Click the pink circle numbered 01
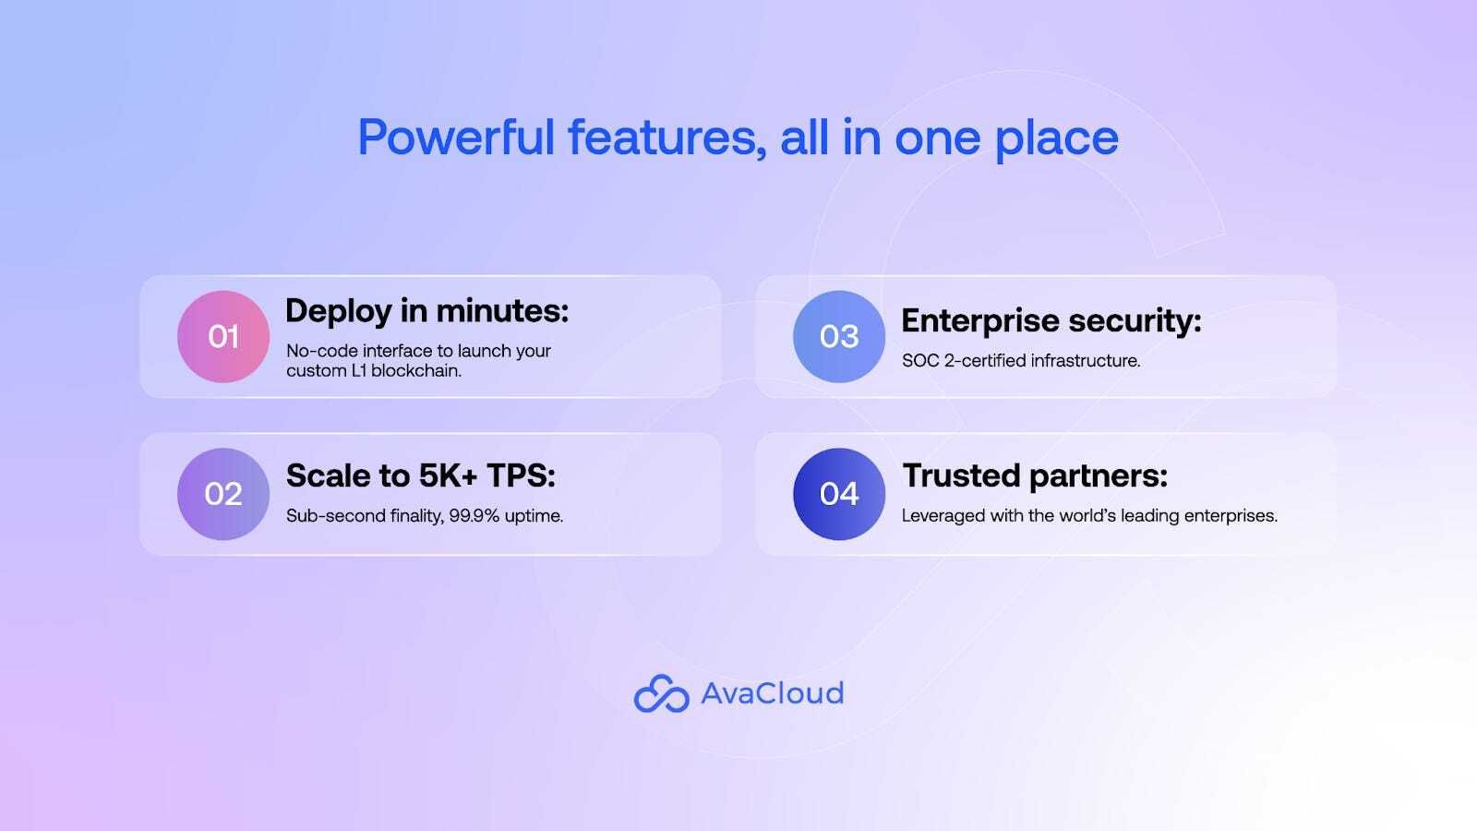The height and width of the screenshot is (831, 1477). (223, 336)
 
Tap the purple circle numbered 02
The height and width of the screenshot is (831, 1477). (223, 494)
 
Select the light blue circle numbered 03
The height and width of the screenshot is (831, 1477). (839, 336)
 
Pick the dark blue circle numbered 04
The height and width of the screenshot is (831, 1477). (839, 494)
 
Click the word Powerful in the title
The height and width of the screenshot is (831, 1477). (456, 138)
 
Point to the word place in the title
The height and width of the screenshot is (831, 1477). (1056, 138)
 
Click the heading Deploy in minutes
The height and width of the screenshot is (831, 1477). (426, 310)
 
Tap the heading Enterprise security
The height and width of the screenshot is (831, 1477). (1051, 321)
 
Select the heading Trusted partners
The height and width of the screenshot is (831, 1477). (1035, 476)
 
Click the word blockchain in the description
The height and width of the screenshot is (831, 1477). (416, 370)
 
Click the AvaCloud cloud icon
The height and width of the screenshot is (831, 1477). (661, 693)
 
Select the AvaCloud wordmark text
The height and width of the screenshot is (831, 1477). (772, 693)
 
